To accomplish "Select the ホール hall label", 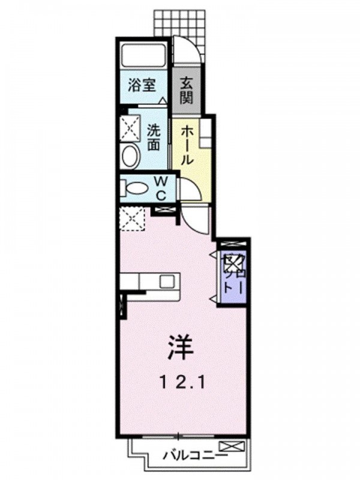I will point(187,144).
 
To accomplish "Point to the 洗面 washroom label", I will point(154,136).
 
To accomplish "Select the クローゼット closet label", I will point(232,273).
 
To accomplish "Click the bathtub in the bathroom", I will point(145,57).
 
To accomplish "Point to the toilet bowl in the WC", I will point(136,188).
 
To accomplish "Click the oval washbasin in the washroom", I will point(129,157).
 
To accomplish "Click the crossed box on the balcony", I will point(233,446).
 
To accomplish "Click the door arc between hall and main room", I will point(196,219).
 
